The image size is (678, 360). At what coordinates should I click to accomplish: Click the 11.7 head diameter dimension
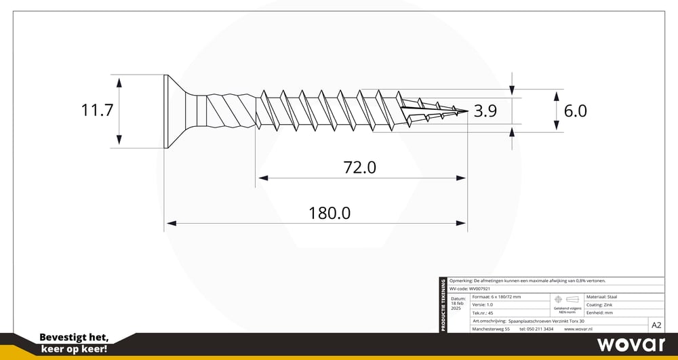click(97, 111)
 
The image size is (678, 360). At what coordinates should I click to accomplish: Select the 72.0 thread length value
click(359, 166)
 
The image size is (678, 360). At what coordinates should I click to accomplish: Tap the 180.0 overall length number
click(330, 213)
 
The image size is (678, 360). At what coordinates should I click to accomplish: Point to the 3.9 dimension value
click(485, 111)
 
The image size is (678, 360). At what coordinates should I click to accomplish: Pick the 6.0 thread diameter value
click(575, 111)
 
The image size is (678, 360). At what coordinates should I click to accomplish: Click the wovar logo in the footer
click(631, 344)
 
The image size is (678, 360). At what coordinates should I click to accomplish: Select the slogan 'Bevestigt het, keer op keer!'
click(75, 343)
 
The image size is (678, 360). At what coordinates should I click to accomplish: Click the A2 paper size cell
click(656, 325)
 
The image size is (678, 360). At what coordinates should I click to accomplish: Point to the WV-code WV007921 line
click(470, 288)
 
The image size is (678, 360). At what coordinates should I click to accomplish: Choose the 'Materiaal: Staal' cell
click(601, 297)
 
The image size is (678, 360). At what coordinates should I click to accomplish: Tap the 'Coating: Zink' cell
click(600, 305)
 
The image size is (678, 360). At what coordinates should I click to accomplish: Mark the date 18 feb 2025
click(458, 303)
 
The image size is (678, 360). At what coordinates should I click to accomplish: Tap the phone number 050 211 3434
click(536, 329)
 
